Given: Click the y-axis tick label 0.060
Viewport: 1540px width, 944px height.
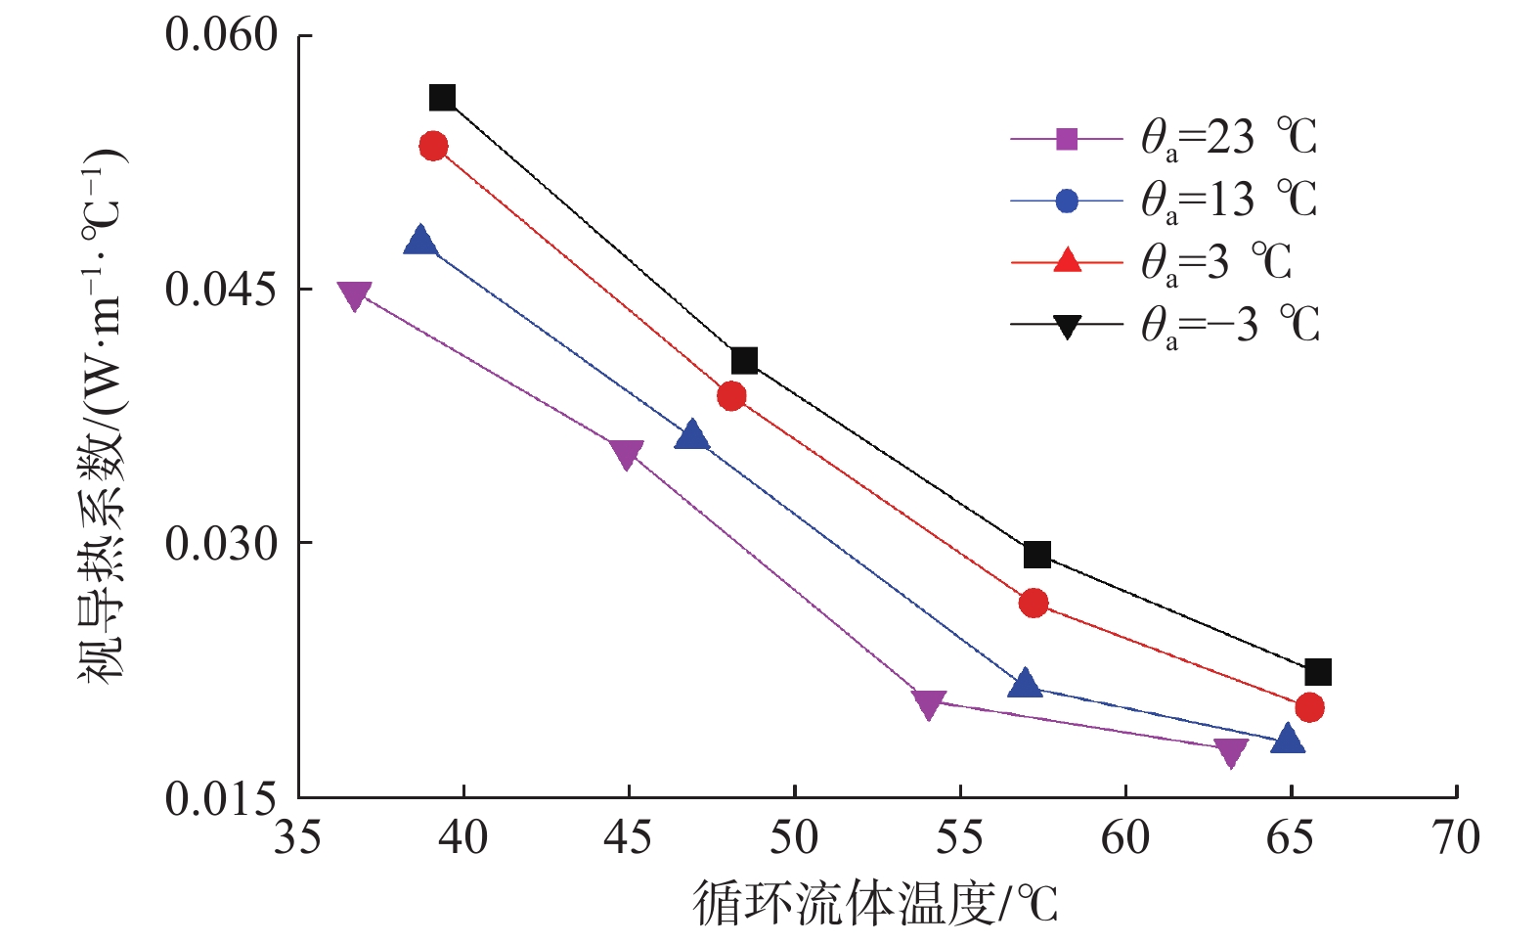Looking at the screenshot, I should coord(222,35).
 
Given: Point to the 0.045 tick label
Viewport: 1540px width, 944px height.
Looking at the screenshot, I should coord(222,290).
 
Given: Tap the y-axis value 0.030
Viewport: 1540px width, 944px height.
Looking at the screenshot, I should coord(222,544).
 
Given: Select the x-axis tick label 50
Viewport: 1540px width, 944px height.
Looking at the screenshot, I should coord(794,838).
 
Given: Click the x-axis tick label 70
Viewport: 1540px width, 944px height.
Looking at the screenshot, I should coord(1455,838).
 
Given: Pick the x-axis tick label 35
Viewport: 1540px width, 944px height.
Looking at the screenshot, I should coord(297,838).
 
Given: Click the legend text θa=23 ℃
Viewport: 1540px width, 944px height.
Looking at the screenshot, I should coord(1229,138).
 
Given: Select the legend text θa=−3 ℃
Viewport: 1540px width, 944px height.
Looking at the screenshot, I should coord(1230,325).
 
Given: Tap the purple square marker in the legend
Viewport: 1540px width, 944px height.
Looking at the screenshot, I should coord(1067,139).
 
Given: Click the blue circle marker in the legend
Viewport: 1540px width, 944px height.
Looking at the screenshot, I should coord(1067,202).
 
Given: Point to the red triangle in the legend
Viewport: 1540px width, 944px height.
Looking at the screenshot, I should coord(1067,261).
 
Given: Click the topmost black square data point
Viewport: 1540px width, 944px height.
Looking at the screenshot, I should coord(442,98).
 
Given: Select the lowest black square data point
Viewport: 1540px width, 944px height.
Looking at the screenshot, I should coord(1318,672).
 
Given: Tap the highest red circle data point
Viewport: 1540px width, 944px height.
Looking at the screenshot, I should coord(433,147).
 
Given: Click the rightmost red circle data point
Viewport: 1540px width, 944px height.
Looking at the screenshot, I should coord(1309,707).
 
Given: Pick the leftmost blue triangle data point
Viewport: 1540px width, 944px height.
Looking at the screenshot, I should coord(420,240).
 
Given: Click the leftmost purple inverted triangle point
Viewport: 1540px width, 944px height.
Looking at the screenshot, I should coord(354,295).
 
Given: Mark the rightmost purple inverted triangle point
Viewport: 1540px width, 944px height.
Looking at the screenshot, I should coord(1231,752).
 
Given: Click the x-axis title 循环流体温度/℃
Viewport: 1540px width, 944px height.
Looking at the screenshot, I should coord(875,903).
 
